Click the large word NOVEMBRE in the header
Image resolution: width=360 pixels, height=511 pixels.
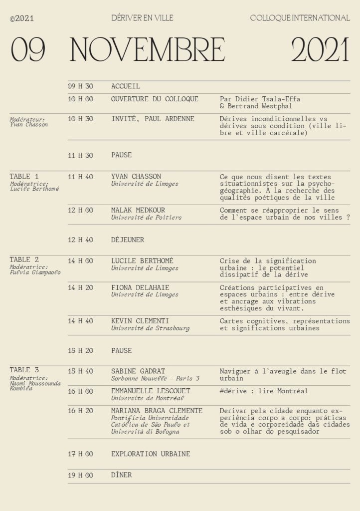click(x=147, y=50)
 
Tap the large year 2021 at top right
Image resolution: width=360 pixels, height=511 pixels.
click(x=320, y=50)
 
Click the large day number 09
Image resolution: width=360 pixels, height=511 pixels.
click(x=28, y=50)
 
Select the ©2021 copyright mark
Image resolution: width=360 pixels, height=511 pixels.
click(x=22, y=19)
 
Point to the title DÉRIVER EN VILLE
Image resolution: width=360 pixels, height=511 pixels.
click(x=143, y=18)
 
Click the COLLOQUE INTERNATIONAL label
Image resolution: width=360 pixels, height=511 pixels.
click(x=300, y=18)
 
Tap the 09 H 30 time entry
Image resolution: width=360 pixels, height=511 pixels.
click(x=80, y=86)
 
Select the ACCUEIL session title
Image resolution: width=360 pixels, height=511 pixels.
click(x=126, y=86)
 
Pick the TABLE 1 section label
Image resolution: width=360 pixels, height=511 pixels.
click(x=24, y=176)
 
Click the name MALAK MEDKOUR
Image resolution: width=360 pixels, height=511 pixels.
click(x=138, y=210)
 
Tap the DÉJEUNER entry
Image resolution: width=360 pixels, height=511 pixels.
click(x=128, y=240)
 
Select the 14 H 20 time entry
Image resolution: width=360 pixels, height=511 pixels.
click(x=80, y=287)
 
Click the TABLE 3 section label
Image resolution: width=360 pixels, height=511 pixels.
click(x=24, y=370)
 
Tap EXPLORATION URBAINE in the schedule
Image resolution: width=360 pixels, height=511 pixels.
click(x=151, y=454)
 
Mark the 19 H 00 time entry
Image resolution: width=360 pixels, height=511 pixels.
click(x=80, y=475)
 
